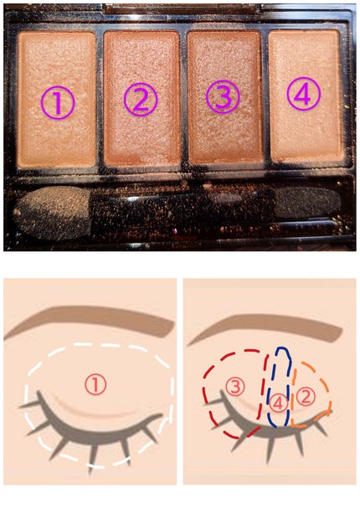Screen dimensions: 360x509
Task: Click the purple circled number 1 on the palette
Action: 58,103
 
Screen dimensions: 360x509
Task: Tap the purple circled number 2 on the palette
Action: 141,100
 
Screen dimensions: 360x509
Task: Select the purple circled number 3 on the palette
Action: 223,97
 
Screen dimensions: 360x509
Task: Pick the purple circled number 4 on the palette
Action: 304,94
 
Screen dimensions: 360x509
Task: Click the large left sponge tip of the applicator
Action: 52,213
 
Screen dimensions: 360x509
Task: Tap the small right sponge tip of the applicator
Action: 306,203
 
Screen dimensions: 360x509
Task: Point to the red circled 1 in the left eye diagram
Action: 95,384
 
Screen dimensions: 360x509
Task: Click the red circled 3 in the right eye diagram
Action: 235,387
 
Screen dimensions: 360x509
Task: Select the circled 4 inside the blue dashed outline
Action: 278,404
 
